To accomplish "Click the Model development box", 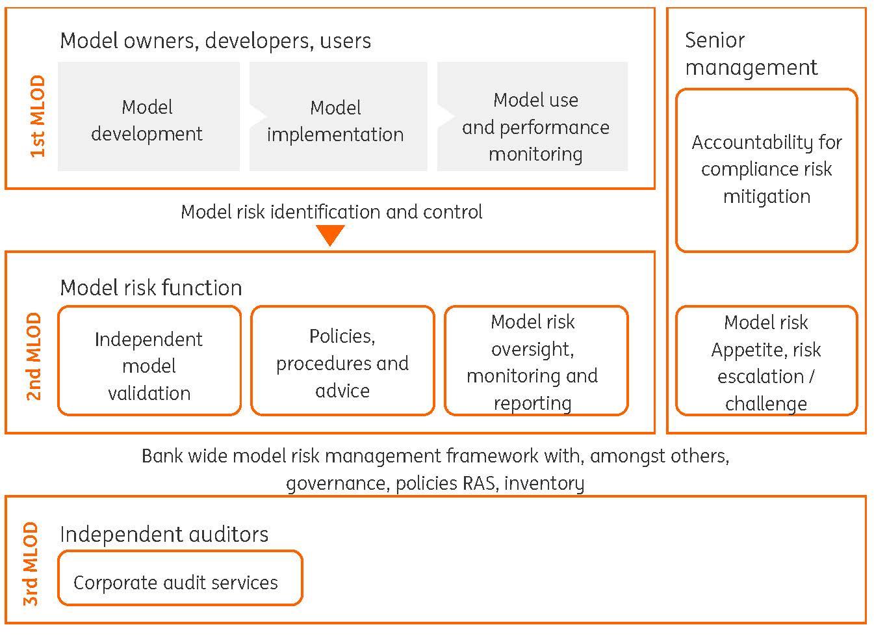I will pyautogui.click(x=148, y=117).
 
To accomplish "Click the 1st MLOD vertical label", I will pyautogui.click(x=38, y=116).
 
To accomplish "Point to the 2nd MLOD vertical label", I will pyautogui.click(x=34, y=357).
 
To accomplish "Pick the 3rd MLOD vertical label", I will pyautogui.click(x=31, y=564).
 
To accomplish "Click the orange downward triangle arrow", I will pyautogui.click(x=330, y=235).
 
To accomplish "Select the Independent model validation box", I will pyautogui.click(x=149, y=360).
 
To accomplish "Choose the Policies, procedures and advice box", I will pyautogui.click(x=342, y=360).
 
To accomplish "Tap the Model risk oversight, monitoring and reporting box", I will pyautogui.click(x=536, y=360).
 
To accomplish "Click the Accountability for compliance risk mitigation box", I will pyautogui.click(x=767, y=170).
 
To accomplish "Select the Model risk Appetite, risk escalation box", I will pyautogui.click(x=767, y=360).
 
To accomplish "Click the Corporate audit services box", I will pyautogui.click(x=180, y=578).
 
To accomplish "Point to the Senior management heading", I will pyautogui.click(x=751, y=54).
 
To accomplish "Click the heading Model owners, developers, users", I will pyautogui.click(x=215, y=41).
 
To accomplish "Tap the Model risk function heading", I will pyautogui.click(x=151, y=287).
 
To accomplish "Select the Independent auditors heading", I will pyautogui.click(x=164, y=534).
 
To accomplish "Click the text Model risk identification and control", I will pyautogui.click(x=331, y=212).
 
